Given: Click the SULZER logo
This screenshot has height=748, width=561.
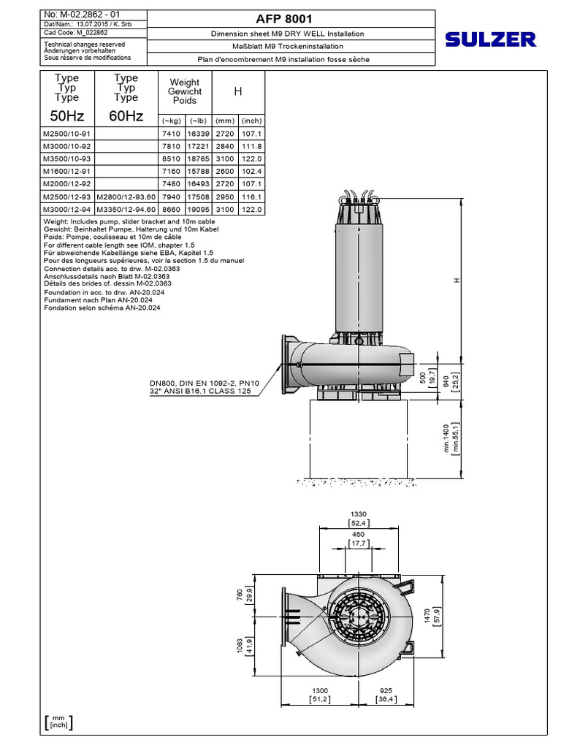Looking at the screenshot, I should (x=490, y=39).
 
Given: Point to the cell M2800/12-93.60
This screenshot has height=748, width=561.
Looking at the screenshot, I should (x=126, y=196).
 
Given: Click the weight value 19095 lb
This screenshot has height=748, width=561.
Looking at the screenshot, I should (x=198, y=209).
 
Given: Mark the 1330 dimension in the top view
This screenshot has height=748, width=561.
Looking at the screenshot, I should (x=357, y=514).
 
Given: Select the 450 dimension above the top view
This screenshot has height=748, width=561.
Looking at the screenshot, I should (x=357, y=534).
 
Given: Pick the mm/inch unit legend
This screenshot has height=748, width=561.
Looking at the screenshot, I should (x=58, y=722).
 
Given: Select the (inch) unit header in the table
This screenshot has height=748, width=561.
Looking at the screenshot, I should (x=251, y=121).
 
